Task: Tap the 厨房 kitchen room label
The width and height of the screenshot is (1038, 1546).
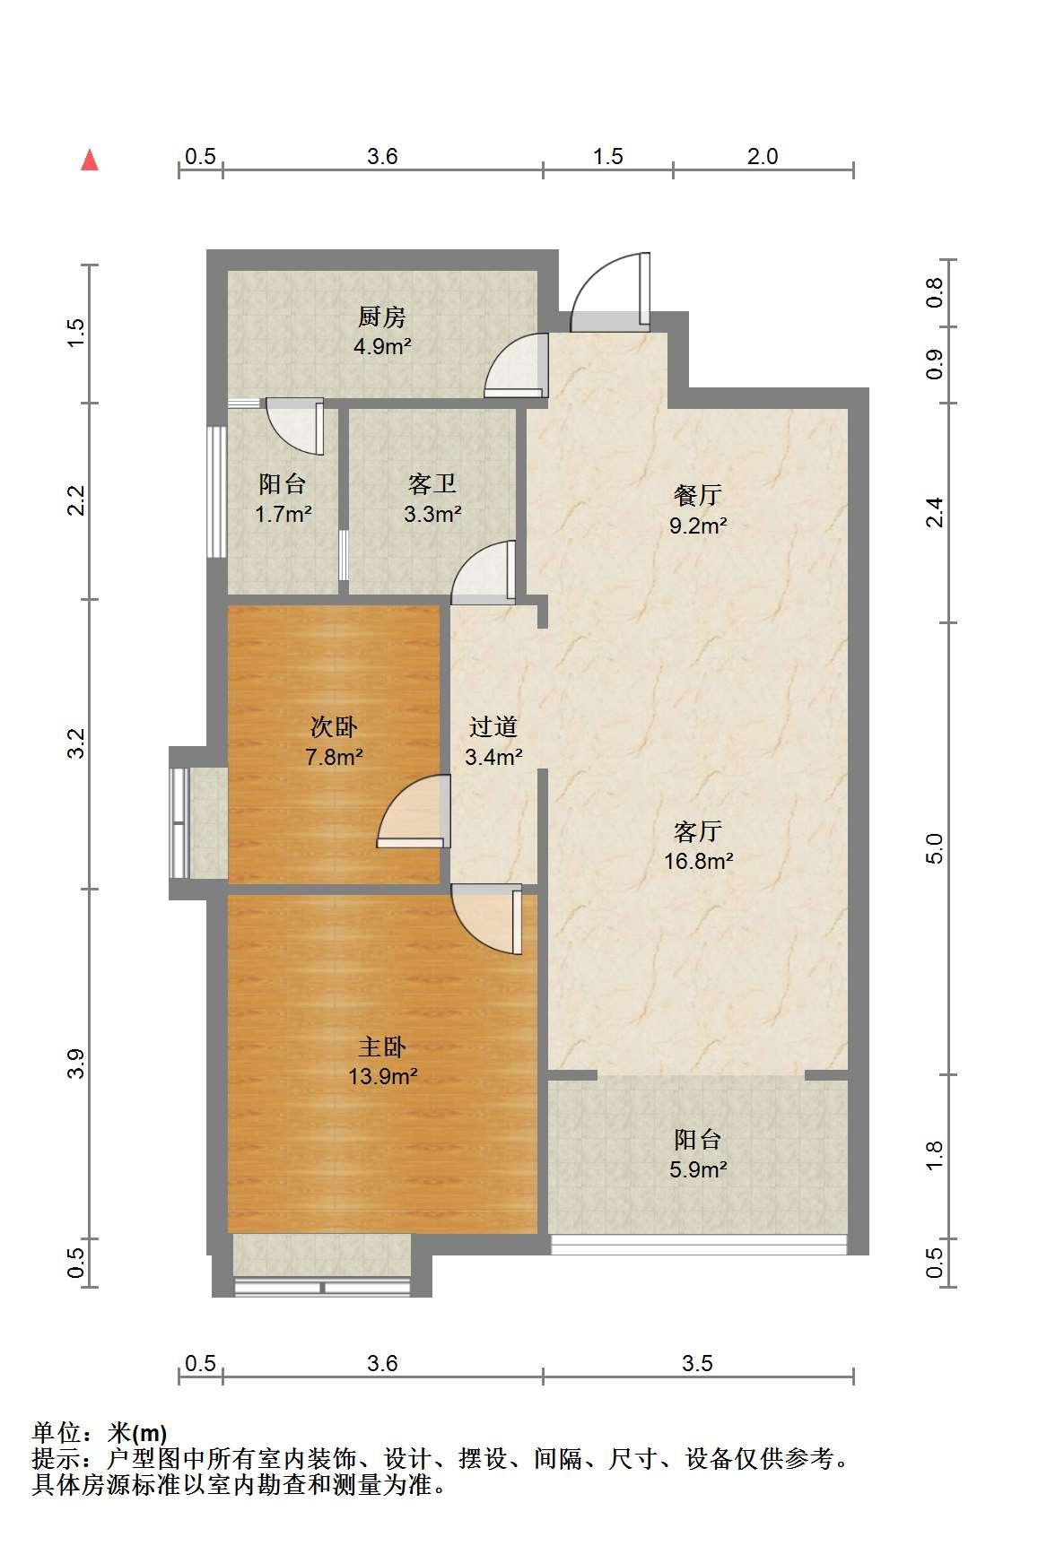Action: [382, 317]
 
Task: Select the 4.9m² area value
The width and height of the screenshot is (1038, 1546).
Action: [382, 346]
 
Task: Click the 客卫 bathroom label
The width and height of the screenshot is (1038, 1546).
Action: [432, 484]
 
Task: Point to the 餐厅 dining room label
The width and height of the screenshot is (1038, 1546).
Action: [698, 495]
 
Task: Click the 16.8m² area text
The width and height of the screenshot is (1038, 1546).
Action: [698, 861]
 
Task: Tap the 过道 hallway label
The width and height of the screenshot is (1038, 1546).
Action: [493, 726]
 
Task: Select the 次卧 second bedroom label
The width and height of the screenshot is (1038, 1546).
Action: [334, 726]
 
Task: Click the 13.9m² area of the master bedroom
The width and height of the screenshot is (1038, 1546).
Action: [383, 1076]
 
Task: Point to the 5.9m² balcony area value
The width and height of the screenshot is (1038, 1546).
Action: [698, 1169]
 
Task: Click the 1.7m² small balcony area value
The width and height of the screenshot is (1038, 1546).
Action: [283, 515]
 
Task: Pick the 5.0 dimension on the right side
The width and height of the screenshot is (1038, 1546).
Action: [936, 847]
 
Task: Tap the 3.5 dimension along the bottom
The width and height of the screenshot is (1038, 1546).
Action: [697, 1363]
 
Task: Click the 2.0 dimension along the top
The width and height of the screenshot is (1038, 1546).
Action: [763, 156]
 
